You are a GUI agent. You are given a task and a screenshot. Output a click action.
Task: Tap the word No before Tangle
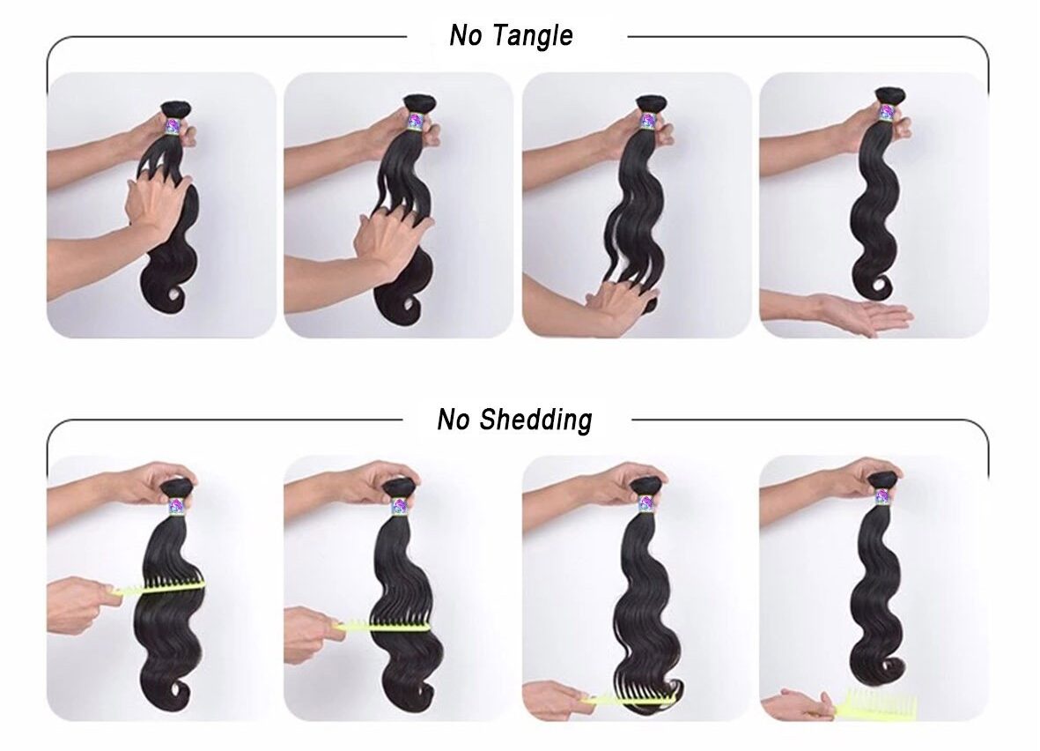tap(465, 35)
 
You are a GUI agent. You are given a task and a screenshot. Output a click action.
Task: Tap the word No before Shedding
tap(454, 420)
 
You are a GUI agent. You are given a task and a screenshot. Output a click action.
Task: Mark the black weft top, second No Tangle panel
tap(416, 103)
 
